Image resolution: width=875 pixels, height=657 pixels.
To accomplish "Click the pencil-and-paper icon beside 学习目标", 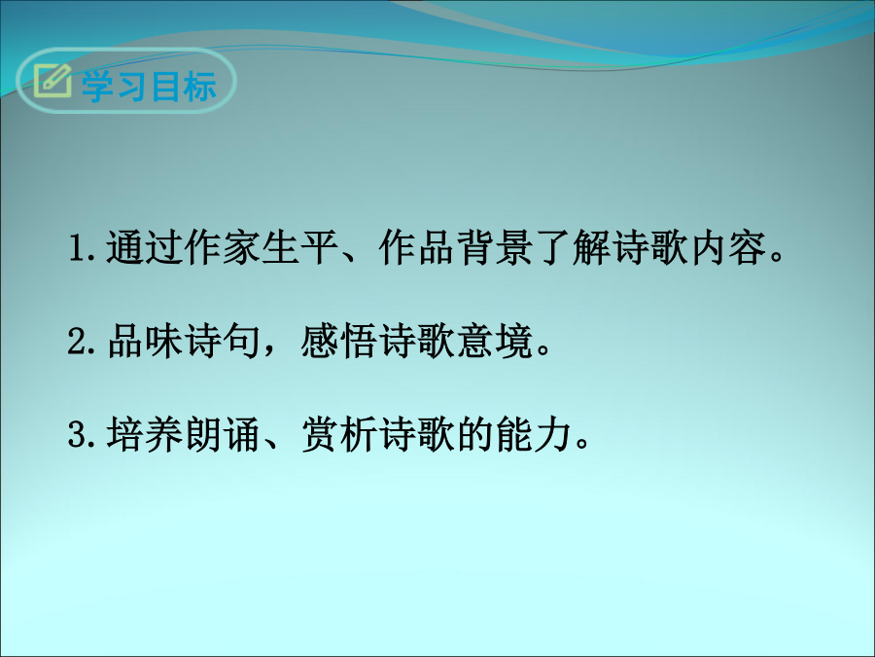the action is (x=52, y=81).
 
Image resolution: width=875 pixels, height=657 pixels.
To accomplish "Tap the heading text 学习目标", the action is (x=149, y=87).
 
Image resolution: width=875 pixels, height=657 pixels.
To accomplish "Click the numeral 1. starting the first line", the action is (x=84, y=247).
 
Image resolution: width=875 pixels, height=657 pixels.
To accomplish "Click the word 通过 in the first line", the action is (x=145, y=247).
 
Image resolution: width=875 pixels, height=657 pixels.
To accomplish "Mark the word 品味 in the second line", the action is (x=145, y=341).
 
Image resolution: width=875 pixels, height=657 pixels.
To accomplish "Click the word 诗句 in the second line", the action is (x=223, y=341).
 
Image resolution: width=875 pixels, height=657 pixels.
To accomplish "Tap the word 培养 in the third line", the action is (x=145, y=434).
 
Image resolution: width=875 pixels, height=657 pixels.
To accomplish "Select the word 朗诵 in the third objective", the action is (x=223, y=434).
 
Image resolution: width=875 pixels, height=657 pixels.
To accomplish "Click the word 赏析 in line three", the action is (x=340, y=434).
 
